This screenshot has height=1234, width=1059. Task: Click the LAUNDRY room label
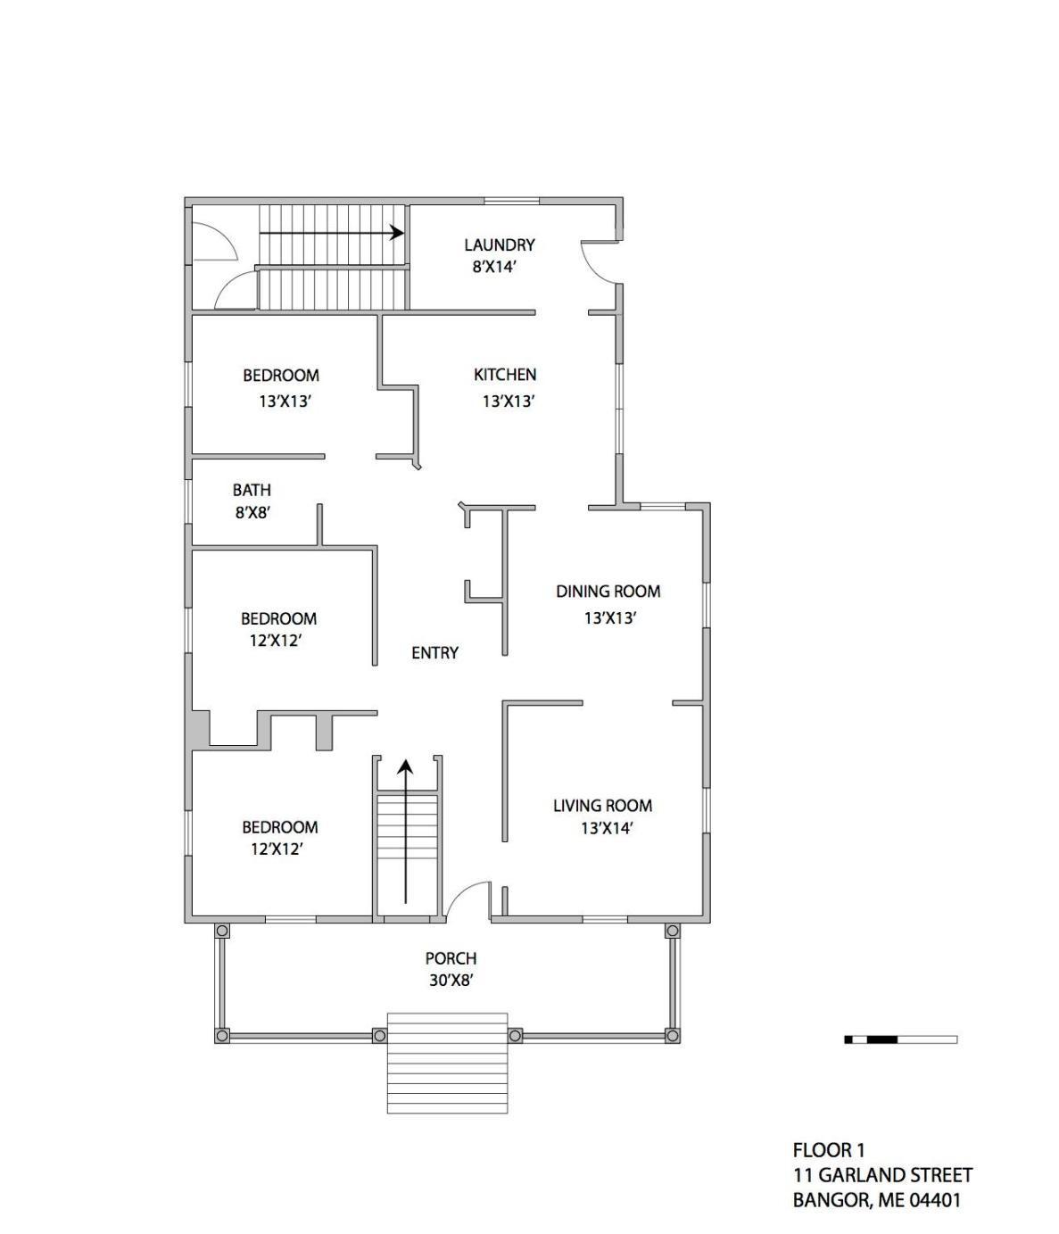tap(499, 244)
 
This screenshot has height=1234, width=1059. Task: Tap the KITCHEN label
tap(505, 375)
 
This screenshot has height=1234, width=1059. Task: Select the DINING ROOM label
tap(608, 591)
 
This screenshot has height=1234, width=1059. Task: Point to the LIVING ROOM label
tap(602, 806)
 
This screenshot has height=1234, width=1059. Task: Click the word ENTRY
tap(434, 652)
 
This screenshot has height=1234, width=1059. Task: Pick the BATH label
tap(252, 490)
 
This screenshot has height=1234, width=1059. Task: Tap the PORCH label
tap(451, 958)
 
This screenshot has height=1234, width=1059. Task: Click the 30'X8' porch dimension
tap(451, 981)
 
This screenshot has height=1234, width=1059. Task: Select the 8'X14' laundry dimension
tap(494, 267)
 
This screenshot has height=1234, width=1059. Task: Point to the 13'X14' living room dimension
tap(607, 828)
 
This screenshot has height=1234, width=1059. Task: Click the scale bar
tap(901, 1039)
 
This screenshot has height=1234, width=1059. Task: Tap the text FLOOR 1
tap(829, 1150)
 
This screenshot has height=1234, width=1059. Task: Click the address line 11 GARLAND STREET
tap(883, 1175)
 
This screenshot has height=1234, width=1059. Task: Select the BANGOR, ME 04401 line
tap(877, 1200)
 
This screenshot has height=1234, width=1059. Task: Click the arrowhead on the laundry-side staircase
tap(397, 232)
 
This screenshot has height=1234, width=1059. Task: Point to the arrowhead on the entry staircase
tap(405, 766)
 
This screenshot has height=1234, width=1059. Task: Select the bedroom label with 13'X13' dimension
tap(281, 375)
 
